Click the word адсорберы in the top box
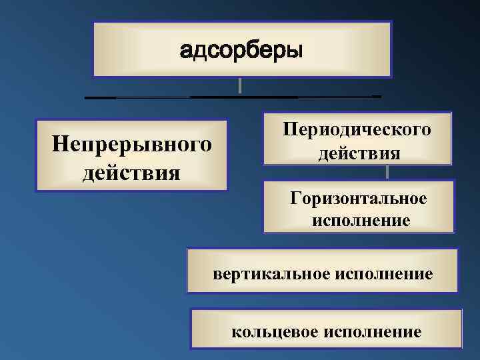pos(241,50)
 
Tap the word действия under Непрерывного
pos(131,172)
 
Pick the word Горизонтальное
pos(359,198)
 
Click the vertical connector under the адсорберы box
pos(239,85)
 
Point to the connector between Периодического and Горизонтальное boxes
pos(387,172)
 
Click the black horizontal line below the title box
pos(233,97)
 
